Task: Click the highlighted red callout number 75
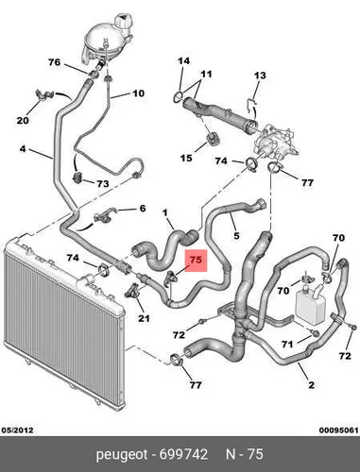(x=196, y=260)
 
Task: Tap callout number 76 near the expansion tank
(x=54, y=62)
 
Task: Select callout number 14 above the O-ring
(x=184, y=61)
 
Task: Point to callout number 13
(x=260, y=76)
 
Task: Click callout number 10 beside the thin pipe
(x=138, y=93)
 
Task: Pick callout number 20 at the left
(x=23, y=120)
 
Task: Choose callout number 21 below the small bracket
(x=144, y=318)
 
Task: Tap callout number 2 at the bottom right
(x=311, y=385)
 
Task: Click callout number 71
(x=287, y=345)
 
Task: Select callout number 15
(x=186, y=158)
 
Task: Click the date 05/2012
(x=18, y=430)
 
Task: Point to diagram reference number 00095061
(x=338, y=430)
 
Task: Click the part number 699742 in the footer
(x=183, y=454)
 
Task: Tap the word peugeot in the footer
(x=122, y=455)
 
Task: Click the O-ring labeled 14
(x=178, y=96)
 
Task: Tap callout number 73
(x=103, y=184)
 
